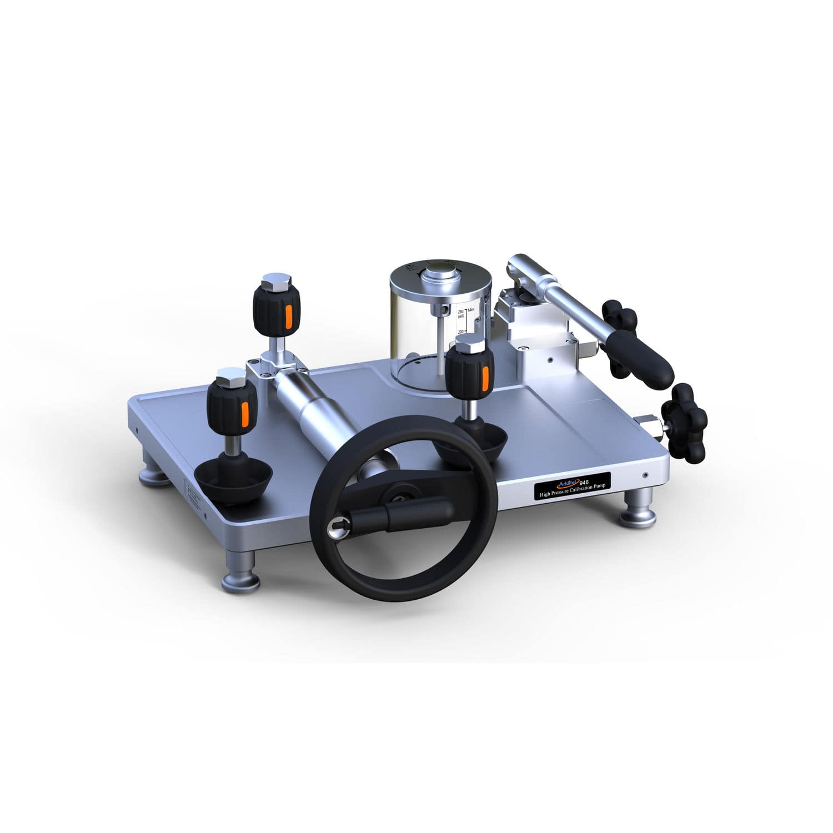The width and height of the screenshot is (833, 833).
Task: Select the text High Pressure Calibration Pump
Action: [x=573, y=486]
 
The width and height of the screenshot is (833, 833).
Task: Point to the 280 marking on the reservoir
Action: [x=460, y=313]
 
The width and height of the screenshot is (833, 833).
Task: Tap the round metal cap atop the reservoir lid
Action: [x=441, y=275]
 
